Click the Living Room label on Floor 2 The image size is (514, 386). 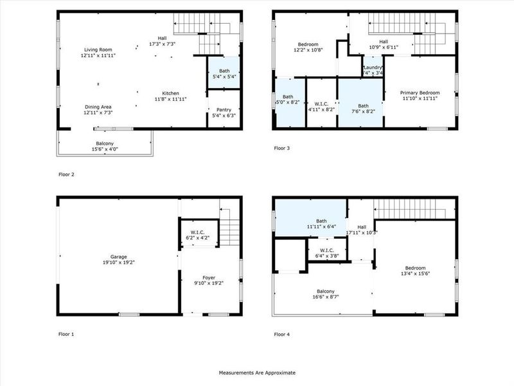pyautogui.click(x=98, y=50)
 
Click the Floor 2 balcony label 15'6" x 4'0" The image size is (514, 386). pyautogui.click(x=105, y=146)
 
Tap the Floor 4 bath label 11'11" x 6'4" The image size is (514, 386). pyautogui.click(x=321, y=227)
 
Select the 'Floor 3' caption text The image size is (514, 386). pyautogui.click(x=281, y=148)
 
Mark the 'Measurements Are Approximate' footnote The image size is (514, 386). pyautogui.click(x=257, y=372)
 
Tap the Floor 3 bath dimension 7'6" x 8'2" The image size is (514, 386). pyautogui.click(x=363, y=110)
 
